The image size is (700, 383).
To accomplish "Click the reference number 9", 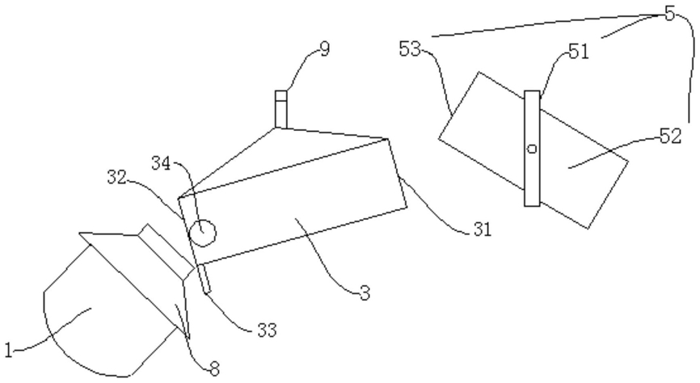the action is [325, 49].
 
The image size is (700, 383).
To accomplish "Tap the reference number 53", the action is [410, 48].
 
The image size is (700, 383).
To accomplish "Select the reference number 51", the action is [579, 52].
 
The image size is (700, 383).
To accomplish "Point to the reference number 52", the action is [671, 136].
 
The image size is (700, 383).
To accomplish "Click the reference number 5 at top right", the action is [669, 14].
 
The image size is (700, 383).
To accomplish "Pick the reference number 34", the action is [161, 163].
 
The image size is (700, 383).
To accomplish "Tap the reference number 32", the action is [117, 177].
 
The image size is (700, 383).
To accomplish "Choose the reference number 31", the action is [483, 229].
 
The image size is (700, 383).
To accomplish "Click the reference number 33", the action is [267, 330].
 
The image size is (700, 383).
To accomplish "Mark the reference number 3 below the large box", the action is [365, 293].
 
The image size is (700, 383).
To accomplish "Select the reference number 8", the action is [215, 369].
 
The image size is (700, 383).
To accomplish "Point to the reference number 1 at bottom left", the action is [8, 350].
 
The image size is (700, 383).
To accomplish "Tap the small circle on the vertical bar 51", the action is [532, 149].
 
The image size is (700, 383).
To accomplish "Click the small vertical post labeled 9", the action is [280, 109].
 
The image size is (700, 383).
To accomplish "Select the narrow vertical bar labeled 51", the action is [532, 149].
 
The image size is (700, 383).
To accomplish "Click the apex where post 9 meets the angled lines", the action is [276, 128].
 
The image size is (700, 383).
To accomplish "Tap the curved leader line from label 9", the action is [300, 65].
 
